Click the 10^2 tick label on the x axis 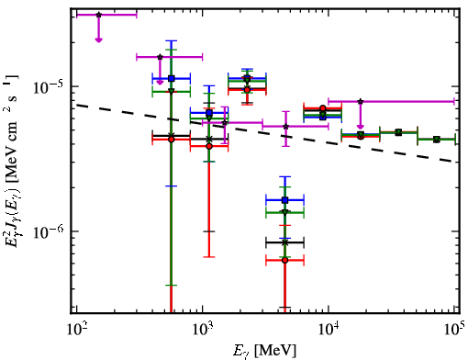click(x=76, y=329)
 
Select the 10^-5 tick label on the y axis click(x=49, y=87)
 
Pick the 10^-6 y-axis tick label click(x=49, y=231)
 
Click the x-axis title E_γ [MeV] click(x=264, y=351)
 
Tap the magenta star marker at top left click(x=98, y=15)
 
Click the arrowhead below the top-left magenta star click(x=98, y=39)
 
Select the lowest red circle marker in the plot click(x=285, y=260)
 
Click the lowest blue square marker click(x=285, y=200)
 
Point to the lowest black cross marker click(x=285, y=242)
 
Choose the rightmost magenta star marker click(x=361, y=101)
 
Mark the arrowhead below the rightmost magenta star click(x=361, y=127)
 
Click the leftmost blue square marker click(x=172, y=79)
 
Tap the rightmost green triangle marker click(x=437, y=140)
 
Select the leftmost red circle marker click(x=172, y=140)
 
